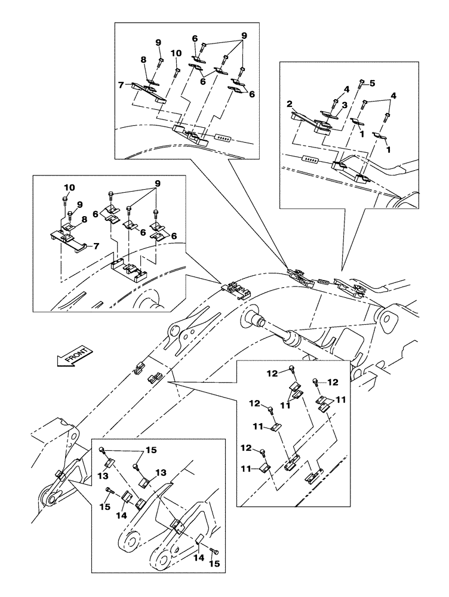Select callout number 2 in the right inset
[290, 104]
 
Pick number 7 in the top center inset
[121, 85]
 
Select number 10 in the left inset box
[69, 187]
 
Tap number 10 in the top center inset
[176, 53]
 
